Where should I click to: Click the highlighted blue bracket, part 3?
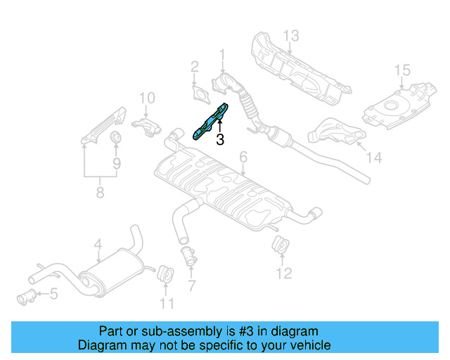[x=211, y=120]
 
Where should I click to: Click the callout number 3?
[x=220, y=140]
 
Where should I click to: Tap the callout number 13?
[x=292, y=35]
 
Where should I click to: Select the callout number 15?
[x=401, y=70]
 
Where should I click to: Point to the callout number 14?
[x=374, y=159]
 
